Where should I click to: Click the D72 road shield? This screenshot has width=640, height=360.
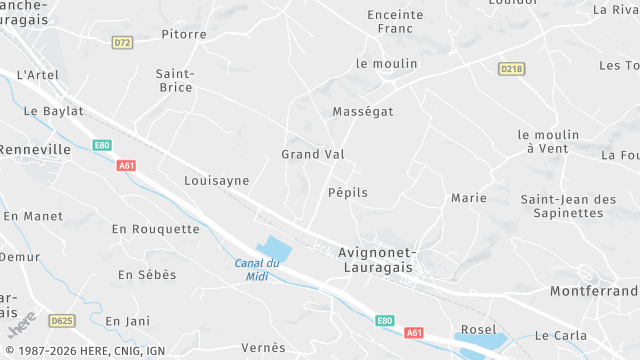(123, 42)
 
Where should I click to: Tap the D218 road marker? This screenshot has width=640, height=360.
(511, 67)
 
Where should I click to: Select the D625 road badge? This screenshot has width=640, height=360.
(62, 321)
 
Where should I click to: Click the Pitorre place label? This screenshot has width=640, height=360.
(184, 34)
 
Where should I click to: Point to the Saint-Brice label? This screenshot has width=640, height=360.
(175, 80)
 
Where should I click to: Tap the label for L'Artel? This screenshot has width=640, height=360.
(38, 75)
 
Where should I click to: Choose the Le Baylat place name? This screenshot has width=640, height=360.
(53, 111)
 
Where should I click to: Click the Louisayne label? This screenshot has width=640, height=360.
(216, 181)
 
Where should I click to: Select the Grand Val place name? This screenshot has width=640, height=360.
(313, 154)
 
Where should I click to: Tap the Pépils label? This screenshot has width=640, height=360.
(348, 192)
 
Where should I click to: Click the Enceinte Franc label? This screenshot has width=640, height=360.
(396, 22)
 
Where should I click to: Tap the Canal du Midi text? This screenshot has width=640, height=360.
(257, 270)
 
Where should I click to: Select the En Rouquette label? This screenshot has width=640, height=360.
(156, 229)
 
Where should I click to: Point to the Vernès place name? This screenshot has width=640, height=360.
(263, 348)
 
